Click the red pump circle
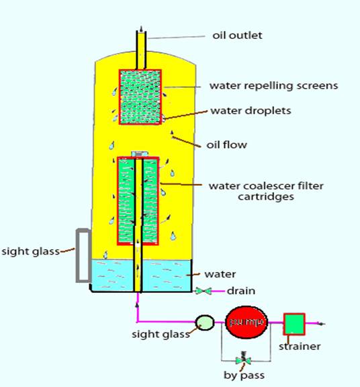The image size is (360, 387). click(246, 322)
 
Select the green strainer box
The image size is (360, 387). click(294, 324)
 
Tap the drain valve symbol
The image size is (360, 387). click(204, 291)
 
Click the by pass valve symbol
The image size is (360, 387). click(244, 360)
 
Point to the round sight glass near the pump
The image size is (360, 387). click(205, 322)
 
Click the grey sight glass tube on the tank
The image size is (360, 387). click(83, 255)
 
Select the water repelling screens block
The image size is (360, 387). click(140, 97)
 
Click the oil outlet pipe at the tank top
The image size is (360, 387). click(141, 50)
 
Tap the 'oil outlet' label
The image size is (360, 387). click(237, 36)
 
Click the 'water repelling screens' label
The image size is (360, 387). click(273, 85)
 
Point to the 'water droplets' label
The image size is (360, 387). click(251, 111)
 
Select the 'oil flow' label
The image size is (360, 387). click(226, 144)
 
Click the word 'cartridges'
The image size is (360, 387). click(266, 197)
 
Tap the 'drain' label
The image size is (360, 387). click(241, 291)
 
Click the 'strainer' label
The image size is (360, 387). click(300, 346)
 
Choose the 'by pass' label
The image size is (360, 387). click(244, 376)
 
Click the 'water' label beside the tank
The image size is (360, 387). click(220, 274)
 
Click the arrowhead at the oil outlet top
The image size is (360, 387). click(141, 29)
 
